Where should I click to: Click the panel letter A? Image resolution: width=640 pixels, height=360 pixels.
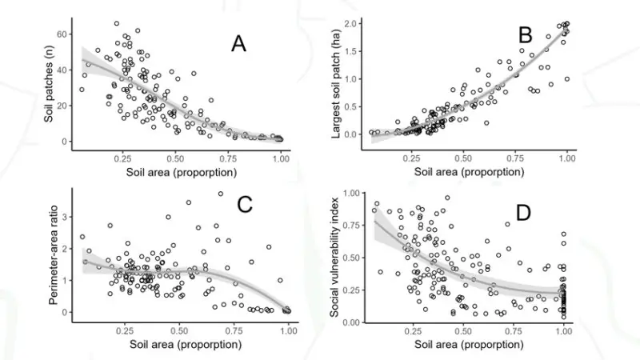click(238, 44)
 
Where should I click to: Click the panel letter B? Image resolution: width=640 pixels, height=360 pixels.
click(526, 36)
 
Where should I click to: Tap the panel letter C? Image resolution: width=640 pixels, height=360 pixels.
click(245, 206)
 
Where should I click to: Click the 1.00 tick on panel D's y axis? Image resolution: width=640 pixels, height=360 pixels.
click(349, 193)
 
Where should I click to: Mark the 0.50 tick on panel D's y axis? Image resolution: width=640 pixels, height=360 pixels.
click(349, 258)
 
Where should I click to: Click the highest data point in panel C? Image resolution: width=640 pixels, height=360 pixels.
click(220, 194)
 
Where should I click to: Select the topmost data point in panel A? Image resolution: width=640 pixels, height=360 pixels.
click(117, 23)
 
